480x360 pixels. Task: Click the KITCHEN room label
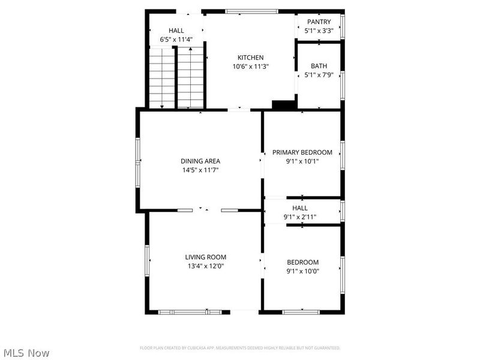click(250, 58)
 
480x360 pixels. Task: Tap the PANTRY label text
click(319, 22)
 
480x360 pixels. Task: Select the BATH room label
click(319, 66)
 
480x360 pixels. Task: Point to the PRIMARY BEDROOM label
click(302, 152)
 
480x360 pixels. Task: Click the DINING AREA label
click(200, 161)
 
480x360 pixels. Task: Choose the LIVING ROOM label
click(205, 257)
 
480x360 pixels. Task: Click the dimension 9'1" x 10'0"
click(302, 271)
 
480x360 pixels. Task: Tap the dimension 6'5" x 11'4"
click(176, 40)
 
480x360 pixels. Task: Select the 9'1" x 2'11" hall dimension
click(300, 217)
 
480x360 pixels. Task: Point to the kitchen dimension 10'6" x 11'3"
click(250, 67)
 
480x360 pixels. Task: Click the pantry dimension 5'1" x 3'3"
click(319, 31)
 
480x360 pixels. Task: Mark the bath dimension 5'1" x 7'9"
click(319, 75)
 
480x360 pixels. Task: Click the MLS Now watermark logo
click(26, 353)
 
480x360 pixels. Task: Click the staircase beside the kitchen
click(176, 79)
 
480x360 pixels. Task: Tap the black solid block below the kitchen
click(284, 105)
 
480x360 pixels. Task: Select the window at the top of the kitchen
click(251, 11)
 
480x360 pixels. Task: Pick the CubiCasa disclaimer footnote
click(240, 348)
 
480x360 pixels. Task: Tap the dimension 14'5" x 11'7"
click(200, 170)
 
